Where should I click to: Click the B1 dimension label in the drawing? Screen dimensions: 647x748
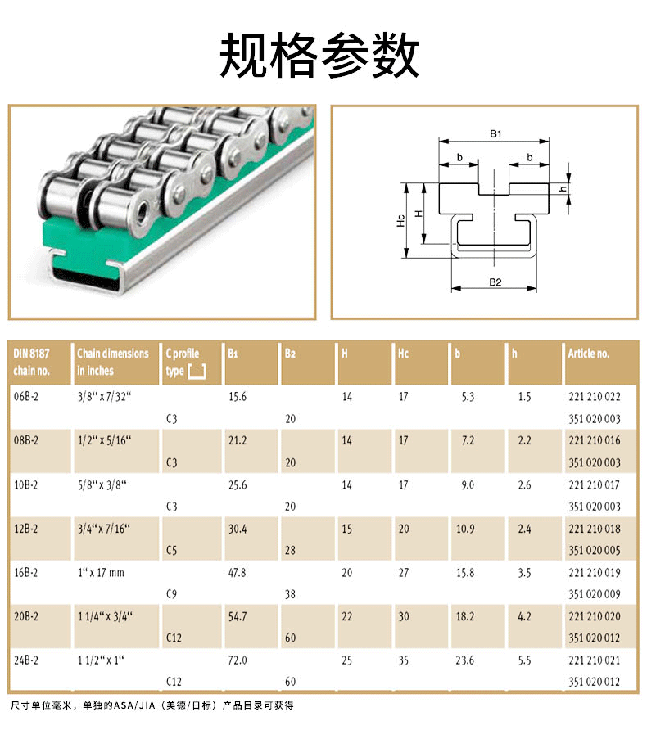coord(495,133)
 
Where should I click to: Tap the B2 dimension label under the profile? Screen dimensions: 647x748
coord(495,282)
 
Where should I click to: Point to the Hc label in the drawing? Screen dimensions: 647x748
coord(400,220)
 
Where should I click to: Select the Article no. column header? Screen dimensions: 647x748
coord(588,354)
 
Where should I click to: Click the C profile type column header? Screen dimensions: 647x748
coord(185,362)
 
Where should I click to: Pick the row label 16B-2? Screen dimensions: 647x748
coord(25,572)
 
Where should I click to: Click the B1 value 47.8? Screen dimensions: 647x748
coord(238,572)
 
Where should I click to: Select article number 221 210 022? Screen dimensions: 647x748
coord(595,397)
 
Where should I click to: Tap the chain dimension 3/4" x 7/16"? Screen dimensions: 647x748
coord(104,529)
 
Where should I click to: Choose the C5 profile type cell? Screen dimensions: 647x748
coord(171,551)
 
